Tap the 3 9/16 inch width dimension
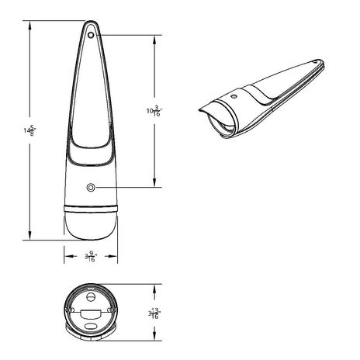coord(92,255)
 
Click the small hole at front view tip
coord(91,34)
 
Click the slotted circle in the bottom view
coord(91,296)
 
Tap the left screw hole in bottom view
coord(71,312)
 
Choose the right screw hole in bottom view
coord(112,312)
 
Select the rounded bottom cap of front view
coord(91,225)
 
